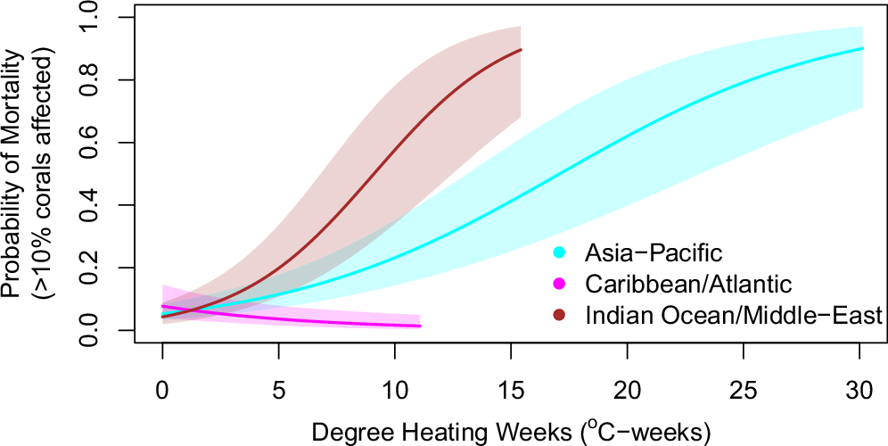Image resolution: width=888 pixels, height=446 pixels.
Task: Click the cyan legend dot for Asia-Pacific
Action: (559, 252)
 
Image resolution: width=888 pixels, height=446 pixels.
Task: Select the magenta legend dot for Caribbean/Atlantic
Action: (559, 284)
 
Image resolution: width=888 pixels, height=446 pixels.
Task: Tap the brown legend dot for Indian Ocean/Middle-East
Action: (559, 315)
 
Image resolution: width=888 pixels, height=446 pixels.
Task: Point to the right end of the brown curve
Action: (521, 50)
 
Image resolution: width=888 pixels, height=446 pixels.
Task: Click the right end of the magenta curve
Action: (420, 326)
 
